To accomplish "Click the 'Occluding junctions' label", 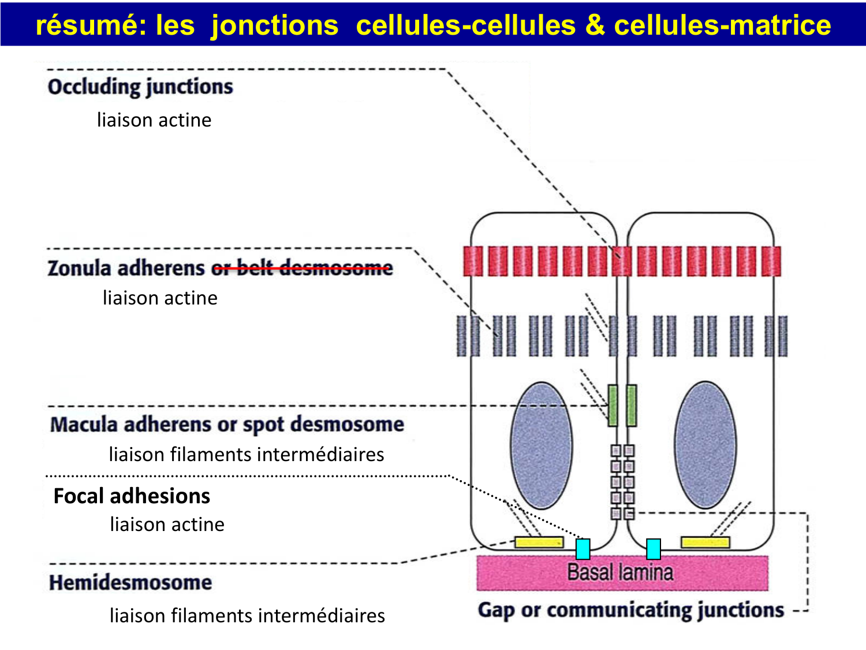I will point(140,87).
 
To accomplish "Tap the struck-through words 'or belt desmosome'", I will point(302,268).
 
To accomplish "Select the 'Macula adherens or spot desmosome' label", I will point(227,424).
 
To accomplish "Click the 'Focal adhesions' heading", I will point(132,496).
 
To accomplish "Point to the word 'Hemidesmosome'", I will point(130,582).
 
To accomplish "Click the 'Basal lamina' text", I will point(620,573).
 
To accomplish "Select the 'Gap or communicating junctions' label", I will point(631,610).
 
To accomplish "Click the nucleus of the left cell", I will point(541,445).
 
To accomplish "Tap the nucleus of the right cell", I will point(705,445).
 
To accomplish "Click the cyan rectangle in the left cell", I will point(583,549).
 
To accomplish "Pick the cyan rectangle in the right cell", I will point(653,549).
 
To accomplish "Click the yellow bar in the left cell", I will point(539,542).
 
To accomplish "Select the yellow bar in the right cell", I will point(705,542).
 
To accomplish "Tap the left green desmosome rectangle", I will point(613,406).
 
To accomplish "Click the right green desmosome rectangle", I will point(632,406).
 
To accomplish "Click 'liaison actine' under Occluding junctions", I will point(154,120).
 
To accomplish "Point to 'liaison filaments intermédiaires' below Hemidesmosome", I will point(247,616).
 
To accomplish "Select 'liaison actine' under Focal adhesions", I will point(167,525).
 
